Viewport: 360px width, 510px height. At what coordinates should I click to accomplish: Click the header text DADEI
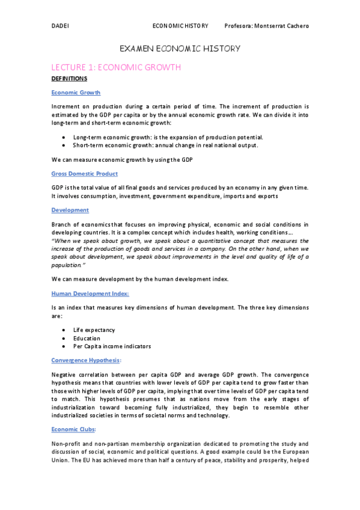[61, 26]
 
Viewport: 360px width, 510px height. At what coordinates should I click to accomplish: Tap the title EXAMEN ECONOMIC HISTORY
[180, 48]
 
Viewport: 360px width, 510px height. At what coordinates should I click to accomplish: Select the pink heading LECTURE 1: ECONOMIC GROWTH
[116, 67]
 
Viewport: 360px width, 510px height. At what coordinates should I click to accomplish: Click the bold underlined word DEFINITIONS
[69, 79]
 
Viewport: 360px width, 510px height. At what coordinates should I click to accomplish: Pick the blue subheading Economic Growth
[76, 93]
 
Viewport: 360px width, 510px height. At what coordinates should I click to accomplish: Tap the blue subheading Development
[70, 210]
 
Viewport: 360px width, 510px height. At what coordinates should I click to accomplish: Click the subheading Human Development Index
[90, 293]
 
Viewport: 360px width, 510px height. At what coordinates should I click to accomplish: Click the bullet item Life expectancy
[94, 330]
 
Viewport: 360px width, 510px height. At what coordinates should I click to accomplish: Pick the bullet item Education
[87, 338]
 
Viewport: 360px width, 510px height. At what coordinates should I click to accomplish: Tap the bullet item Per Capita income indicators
[112, 346]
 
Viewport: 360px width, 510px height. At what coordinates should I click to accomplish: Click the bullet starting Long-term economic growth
[168, 137]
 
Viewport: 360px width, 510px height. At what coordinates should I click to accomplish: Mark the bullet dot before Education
[64, 339]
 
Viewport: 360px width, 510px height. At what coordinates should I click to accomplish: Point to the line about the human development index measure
[141, 278]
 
